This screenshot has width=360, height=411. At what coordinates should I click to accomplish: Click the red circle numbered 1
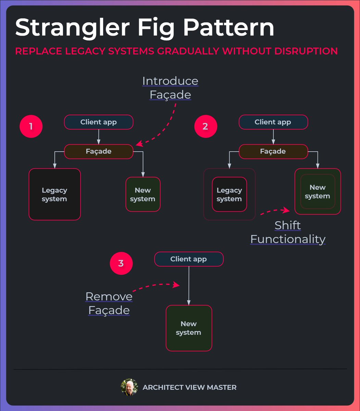[x=31, y=126]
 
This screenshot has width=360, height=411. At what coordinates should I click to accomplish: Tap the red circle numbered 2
[x=205, y=126]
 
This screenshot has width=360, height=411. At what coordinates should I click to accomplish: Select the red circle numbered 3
[x=121, y=263]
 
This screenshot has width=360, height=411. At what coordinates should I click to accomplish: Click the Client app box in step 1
[x=99, y=122]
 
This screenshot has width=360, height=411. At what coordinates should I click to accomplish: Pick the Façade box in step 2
[x=273, y=151]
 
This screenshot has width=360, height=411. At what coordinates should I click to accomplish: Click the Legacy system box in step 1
[x=54, y=194]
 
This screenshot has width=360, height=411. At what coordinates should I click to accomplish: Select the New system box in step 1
[x=143, y=194]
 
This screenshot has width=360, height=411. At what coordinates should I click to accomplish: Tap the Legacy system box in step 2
[x=229, y=194]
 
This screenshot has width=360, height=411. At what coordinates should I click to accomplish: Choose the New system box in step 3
[x=189, y=328]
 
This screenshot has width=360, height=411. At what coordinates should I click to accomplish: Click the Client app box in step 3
[x=189, y=259]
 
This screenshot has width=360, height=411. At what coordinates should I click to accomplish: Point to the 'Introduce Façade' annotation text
[x=170, y=88]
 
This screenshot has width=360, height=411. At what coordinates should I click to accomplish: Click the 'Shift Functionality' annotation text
[x=288, y=232]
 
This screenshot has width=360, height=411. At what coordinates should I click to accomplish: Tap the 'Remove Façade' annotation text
[x=109, y=303]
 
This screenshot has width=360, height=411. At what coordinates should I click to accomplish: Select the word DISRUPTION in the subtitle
[x=306, y=51]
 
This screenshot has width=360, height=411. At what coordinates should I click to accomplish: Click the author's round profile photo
[x=129, y=387]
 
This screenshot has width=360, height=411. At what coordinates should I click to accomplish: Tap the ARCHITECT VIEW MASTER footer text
[x=189, y=387]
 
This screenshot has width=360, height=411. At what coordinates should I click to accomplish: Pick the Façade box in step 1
[x=99, y=151]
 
